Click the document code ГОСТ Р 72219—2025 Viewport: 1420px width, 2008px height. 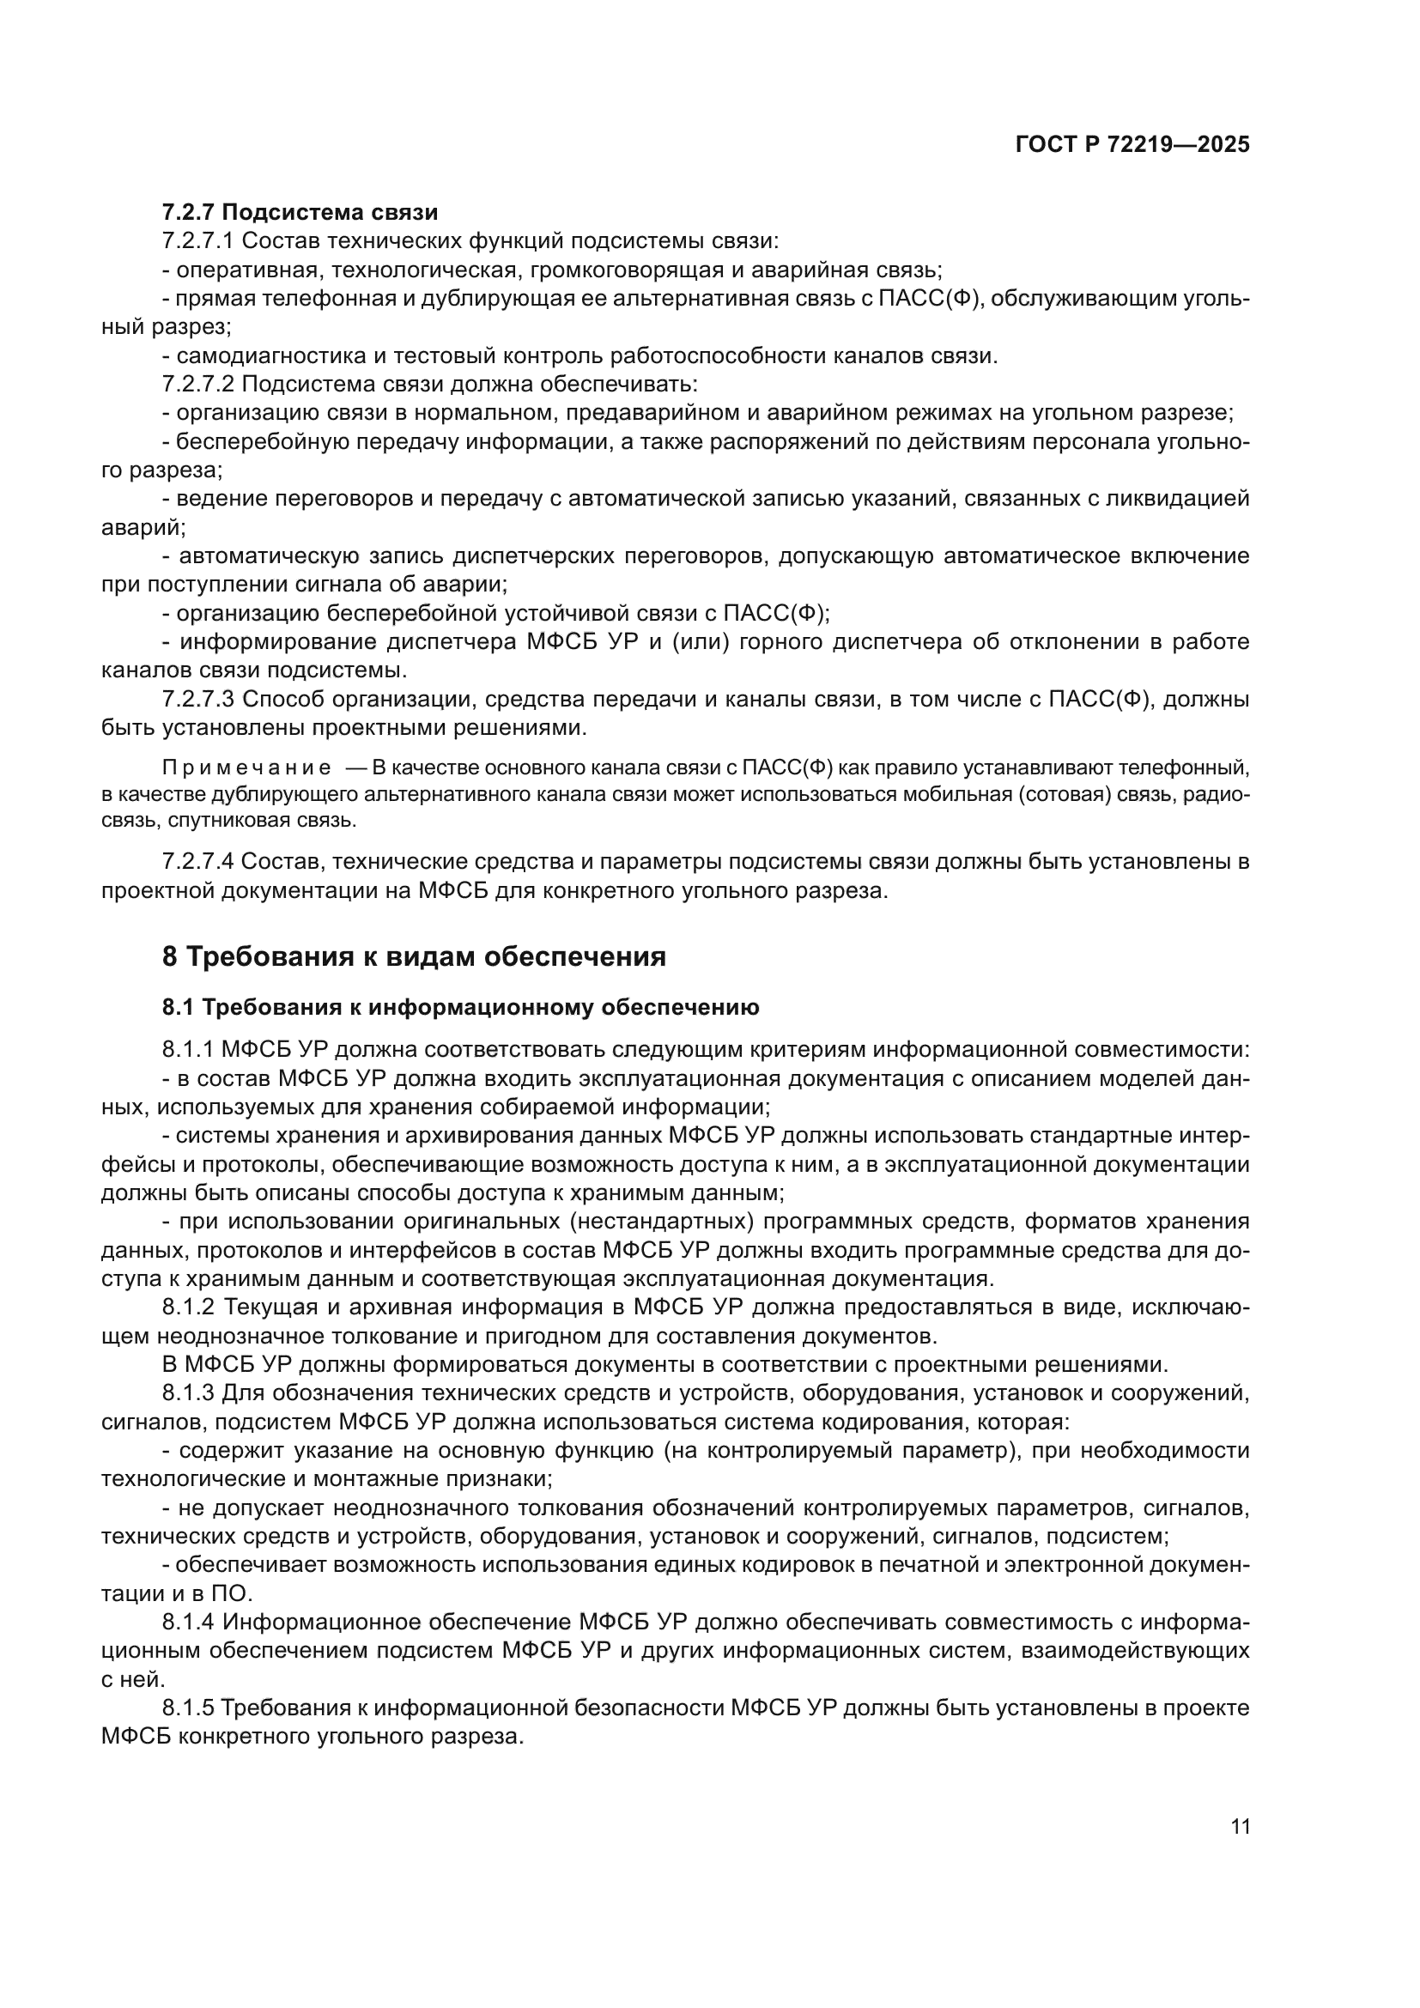click(x=1132, y=145)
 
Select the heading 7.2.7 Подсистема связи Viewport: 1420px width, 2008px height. click(x=300, y=213)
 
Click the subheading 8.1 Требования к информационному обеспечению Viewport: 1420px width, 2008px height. click(x=460, y=1008)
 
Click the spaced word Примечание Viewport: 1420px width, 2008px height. click(x=246, y=768)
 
